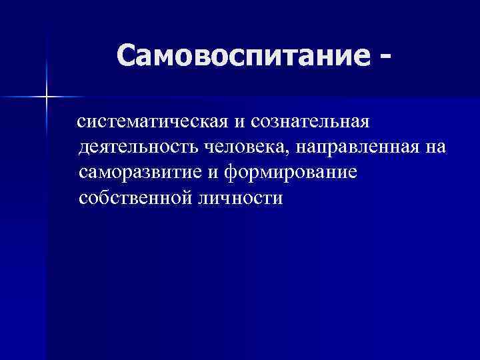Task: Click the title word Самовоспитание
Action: pos(243,57)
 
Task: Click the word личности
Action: pos(239,198)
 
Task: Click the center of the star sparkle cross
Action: pos(47,97)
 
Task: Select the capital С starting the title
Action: pos(127,57)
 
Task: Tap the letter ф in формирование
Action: pos(231,173)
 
